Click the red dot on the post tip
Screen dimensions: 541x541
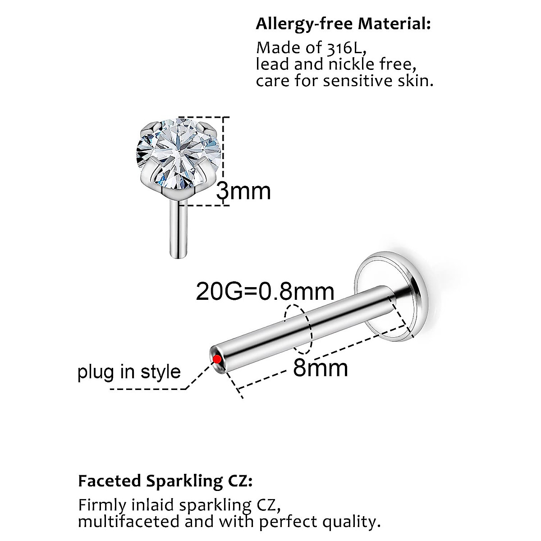pyautogui.click(x=217, y=359)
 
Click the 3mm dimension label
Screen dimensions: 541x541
pyautogui.click(x=243, y=191)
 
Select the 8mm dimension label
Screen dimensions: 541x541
pyautogui.click(x=321, y=368)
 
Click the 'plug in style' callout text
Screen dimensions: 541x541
pyautogui.click(x=129, y=372)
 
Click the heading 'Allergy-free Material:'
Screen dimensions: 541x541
pyautogui.click(x=343, y=23)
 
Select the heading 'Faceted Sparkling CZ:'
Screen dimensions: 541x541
pyautogui.click(x=165, y=481)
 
